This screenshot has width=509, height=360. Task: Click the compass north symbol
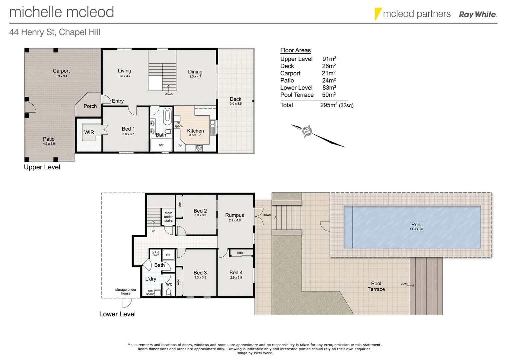[x=307, y=131]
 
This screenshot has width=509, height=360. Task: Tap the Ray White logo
[x=478, y=14]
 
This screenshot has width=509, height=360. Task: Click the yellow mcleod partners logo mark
[x=378, y=14]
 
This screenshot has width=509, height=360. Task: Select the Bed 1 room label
[x=128, y=129]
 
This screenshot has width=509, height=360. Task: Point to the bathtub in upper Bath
[x=167, y=116]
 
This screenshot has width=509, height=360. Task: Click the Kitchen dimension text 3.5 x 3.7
[x=195, y=135]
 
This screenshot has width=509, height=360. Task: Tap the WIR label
[x=89, y=132]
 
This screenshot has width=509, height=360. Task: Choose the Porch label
[x=90, y=106]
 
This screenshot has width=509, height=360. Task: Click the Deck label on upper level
[x=235, y=99]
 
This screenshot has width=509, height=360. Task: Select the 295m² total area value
[x=328, y=105]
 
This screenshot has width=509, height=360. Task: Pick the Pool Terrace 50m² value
[x=328, y=95]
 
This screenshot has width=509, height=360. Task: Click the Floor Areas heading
[x=295, y=50]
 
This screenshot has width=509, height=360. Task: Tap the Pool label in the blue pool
[x=416, y=225]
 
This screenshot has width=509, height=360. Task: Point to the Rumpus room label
[x=235, y=215]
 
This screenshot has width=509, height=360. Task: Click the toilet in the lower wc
[x=169, y=292]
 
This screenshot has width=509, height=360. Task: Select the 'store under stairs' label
[x=168, y=217]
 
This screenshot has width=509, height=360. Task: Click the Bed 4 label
[x=236, y=273]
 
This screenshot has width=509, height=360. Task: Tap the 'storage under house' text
[x=126, y=292]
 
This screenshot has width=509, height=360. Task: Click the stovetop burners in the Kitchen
[x=199, y=148]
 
